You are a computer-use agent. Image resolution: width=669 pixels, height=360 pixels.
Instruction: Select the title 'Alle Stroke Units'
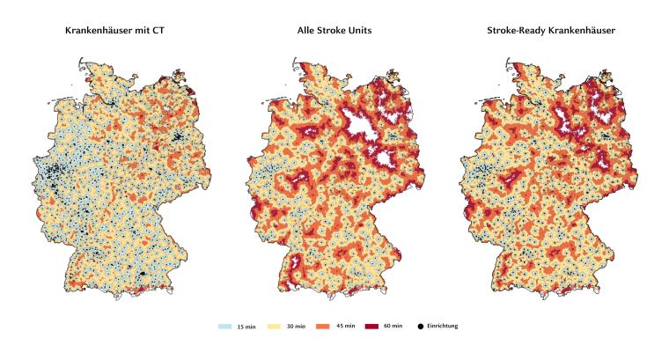(334, 31)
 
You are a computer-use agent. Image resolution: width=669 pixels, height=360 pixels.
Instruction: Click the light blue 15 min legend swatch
(225, 327)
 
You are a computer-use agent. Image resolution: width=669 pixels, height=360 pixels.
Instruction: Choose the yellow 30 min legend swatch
(280, 327)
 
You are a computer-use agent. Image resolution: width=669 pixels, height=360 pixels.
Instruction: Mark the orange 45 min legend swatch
(334, 327)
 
